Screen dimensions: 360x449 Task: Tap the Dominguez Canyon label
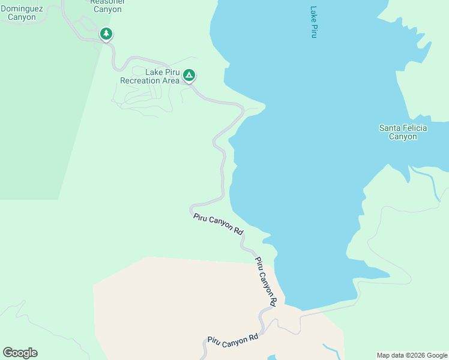pyautogui.click(x=22, y=13)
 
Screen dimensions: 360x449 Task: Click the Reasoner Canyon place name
pyautogui.click(x=107, y=5)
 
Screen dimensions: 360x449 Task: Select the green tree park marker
pyautogui.click(x=106, y=34)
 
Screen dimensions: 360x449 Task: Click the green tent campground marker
pyautogui.click(x=189, y=76)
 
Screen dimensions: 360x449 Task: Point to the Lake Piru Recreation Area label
pyautogui.click(x=150, y=76)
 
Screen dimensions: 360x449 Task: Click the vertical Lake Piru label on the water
pyautogui.click(x=313, y=22)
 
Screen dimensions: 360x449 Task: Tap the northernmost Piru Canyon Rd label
pyautogui.click(x=218, y=224)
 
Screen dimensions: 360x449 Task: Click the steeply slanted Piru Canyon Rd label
pyautogui.click(x=265, y=282)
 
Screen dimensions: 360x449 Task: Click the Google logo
pyautogui.click(x=20, y=353)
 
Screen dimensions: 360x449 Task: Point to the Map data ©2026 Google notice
pyautogui.click(x=412, y=355)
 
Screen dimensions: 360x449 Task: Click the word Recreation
pyautogui.click(x=140, y=80)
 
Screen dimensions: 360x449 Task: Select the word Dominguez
pyautogui.click(x=22, y=8)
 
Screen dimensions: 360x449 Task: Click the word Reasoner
pyautogui.click(x=107, y=2)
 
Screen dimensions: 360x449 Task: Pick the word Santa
pyautogui.click(x=390, y=128)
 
